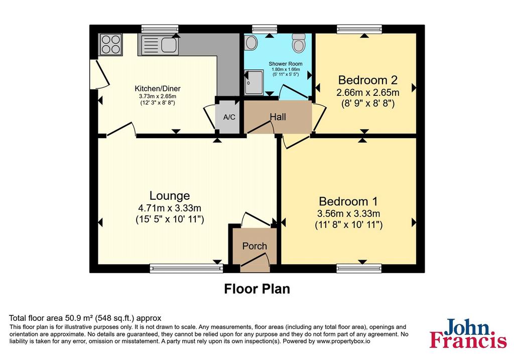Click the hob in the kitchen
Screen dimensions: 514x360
pyautogui.click(x=110, y=44)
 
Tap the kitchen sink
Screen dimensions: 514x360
pyautogui.click(x=159, y=45)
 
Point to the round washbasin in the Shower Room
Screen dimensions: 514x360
pyautogui.click(x=251, y=43)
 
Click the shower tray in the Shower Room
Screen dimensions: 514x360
pyautogui.click(x=253, y=82)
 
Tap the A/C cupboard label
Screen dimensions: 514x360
pyautogui.click(x=229, y=117)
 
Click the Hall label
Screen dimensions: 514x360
pyautogui.click(x=278, y=116)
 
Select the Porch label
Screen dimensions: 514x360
pyautogui.click(x=254, y=246)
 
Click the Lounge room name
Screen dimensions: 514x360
pyautogui.click(x=170, y=195)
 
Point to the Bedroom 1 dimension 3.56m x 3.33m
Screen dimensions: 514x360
pyautogui.click(x=348, y=214)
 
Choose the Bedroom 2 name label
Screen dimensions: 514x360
pyautogui.click(x=368, y=80)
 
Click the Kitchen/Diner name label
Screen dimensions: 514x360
pyautogui.click(x=157, y=88)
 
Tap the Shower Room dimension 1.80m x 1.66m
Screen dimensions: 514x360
pyautogui.click(x=286, y=69)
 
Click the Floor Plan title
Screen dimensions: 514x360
pyautogui.click(x=257, y=289)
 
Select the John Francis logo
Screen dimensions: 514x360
pyautogui.click(x=468, y=333)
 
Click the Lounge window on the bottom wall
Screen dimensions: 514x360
pyautogui.click(x=186, y=268)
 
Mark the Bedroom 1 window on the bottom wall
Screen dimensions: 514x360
pyautogui.click(x=359, y=268)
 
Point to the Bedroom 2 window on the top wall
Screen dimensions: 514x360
pyautogui.click(x=359, y=29)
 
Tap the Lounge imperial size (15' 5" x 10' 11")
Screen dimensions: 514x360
pyautogui.click(x=170, y=219)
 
